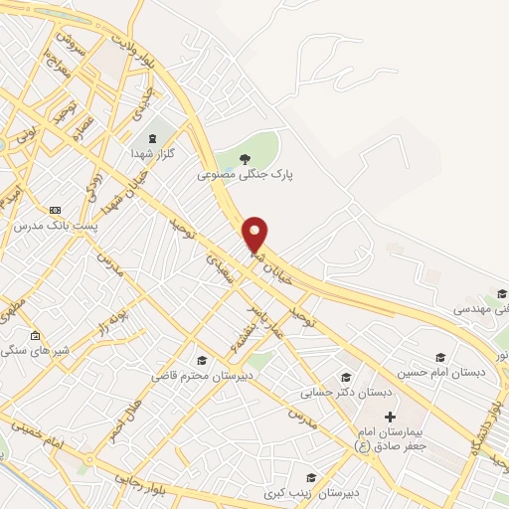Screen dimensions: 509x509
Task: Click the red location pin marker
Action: tap(255, 233)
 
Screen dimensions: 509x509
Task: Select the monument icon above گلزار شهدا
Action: tap(152, 138)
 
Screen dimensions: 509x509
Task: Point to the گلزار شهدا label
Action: tap(152, 155)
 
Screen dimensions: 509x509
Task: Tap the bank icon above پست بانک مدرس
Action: tap(55, 210)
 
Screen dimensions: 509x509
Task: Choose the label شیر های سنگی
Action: tap(34, 351)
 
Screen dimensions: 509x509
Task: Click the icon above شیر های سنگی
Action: tap(35, 335)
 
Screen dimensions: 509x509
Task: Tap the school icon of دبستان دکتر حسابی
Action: tap(345, 376)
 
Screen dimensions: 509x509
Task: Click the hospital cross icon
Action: tap(389, 415)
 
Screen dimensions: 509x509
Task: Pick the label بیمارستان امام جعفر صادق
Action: tap(389, 438)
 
